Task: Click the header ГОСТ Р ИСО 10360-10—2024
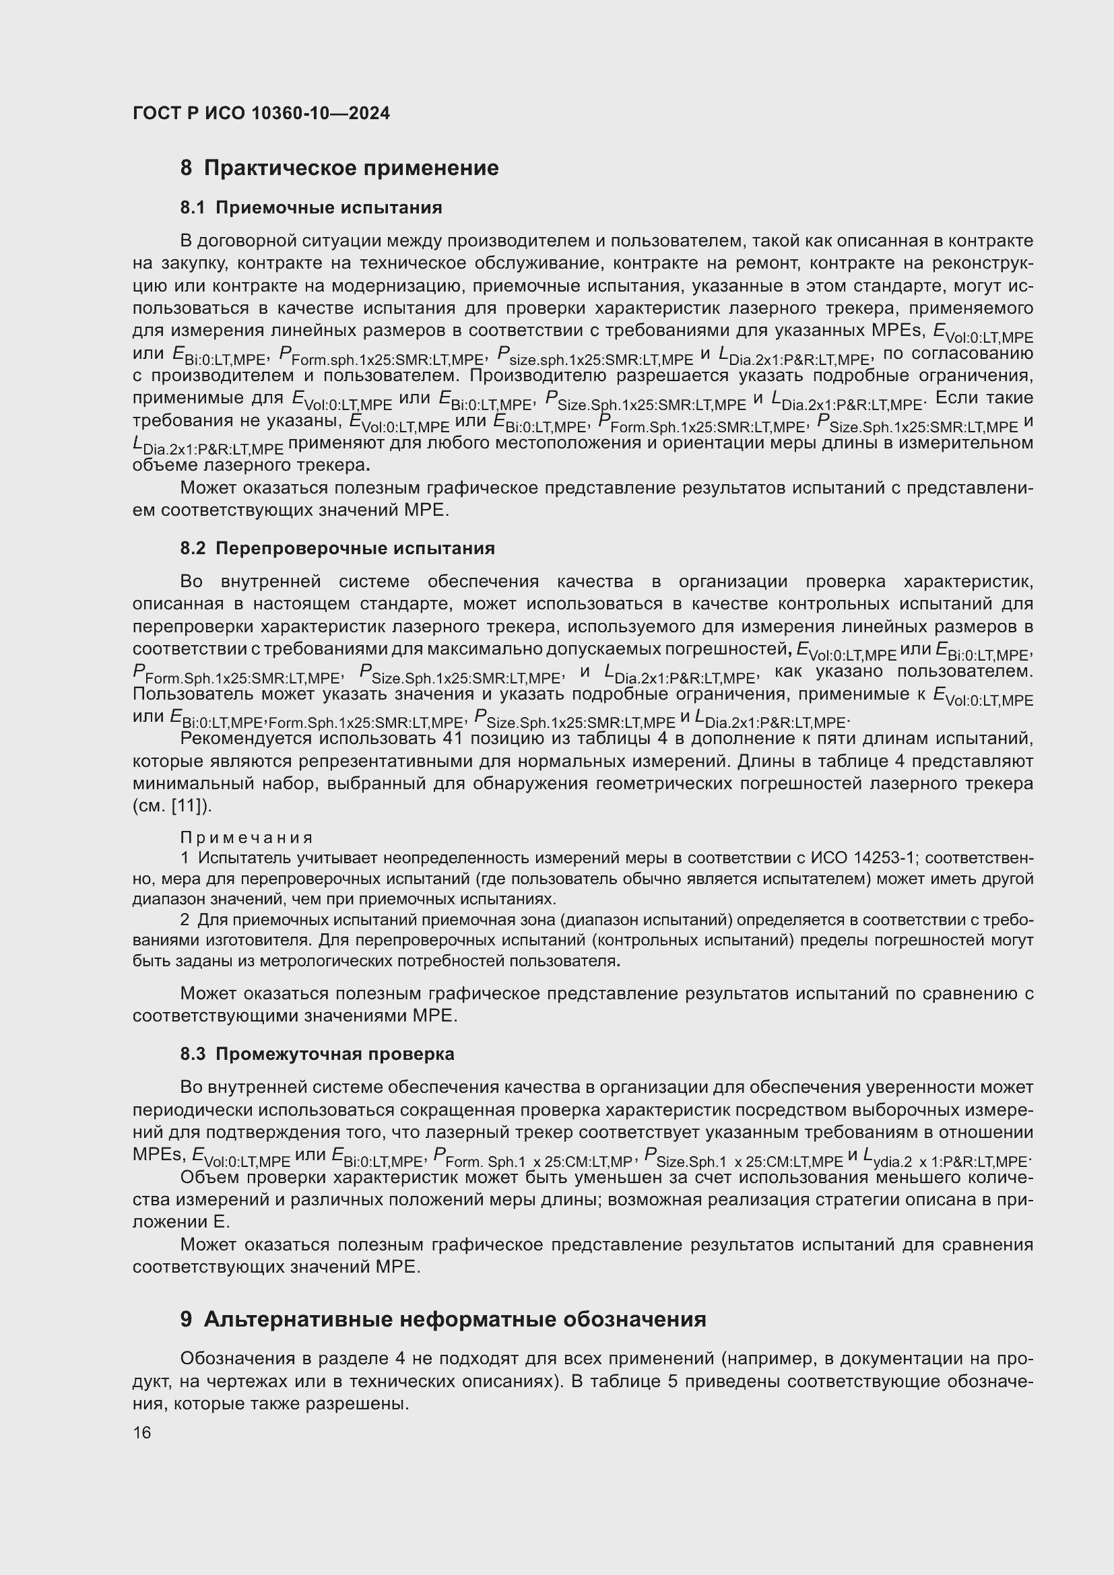261,113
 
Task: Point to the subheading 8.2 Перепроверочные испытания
337,548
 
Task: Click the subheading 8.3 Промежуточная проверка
317,1054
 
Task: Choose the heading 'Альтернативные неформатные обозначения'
443,1319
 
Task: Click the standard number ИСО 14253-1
862,858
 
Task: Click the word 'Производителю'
537,375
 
